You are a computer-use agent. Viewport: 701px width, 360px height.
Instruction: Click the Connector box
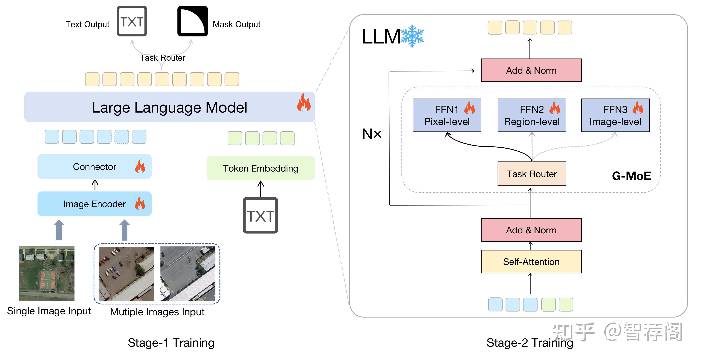(94, 167)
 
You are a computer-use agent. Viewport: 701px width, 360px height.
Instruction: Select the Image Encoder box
(94, 204)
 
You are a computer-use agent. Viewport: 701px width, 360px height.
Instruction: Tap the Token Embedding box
(261, 168)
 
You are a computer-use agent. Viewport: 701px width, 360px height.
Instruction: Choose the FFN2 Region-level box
(531, 115)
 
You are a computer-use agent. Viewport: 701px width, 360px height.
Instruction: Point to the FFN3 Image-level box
(615, 115)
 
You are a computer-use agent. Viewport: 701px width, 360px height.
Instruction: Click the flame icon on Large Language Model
(304, 103)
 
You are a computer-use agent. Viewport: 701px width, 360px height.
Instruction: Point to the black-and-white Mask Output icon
(192, 21)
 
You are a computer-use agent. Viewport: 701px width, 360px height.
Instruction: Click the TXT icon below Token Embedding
(260, 215)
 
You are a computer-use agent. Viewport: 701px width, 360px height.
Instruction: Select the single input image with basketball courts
(47, 273)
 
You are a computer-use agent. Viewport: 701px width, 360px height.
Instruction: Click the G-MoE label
(631, 176)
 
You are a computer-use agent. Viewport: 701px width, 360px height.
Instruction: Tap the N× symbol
(372, 134)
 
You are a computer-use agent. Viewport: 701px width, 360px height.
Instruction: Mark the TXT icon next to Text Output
(132, 21)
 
